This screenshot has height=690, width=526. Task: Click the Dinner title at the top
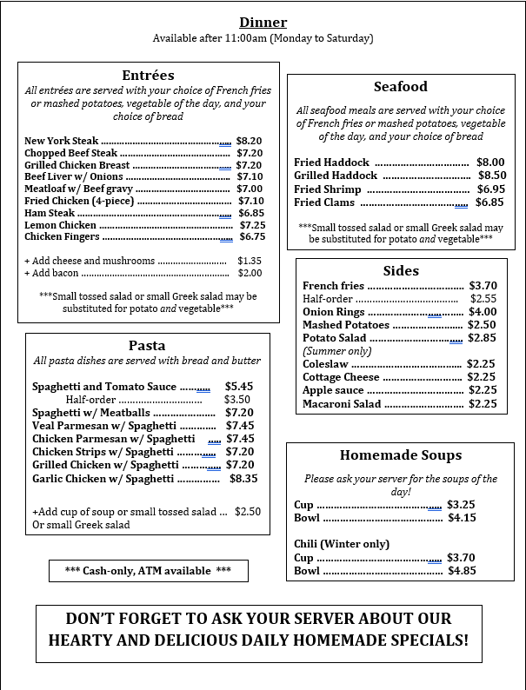click(263, 23)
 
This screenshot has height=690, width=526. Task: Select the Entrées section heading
click(148, 75)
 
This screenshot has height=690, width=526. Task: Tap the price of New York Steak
click(249, 141)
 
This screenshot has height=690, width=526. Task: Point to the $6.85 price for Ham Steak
click(251, 213)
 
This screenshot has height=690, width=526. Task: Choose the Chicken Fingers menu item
click(61, 236)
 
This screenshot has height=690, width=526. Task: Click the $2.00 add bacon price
click(250, 273)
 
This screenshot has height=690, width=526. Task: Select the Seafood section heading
click(400, 87)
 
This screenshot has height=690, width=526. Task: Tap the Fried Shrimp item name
click(327, 189)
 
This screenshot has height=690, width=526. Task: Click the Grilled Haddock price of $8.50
click(491, 176)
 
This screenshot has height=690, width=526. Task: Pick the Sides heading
click(401, 270)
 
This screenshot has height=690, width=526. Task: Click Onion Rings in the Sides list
click(334, 312)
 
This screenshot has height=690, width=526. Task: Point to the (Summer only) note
click(336, 351)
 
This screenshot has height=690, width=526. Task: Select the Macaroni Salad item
click(342, 403)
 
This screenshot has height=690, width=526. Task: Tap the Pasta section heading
click(147, 345)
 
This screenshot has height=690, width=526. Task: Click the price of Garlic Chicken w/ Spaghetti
click(243, 478)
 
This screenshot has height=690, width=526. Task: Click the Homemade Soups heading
click(400, 455)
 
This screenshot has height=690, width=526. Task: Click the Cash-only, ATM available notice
click(148, 571)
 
